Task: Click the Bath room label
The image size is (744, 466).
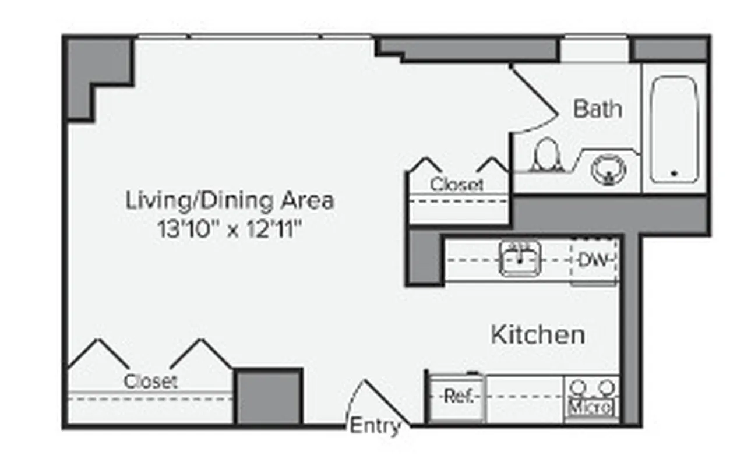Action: coord(597,109)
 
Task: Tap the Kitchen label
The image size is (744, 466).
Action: coord(538,335)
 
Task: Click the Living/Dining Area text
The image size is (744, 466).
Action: coord(230,201)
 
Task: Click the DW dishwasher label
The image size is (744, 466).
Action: coord(593,260)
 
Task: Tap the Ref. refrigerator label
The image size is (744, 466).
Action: coord(457,397)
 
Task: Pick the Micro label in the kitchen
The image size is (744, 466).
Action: coord(591,406)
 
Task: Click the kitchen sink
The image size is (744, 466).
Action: coord(520,259)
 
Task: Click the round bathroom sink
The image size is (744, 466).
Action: coord(608,170)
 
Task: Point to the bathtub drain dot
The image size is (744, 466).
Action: coord(674,173)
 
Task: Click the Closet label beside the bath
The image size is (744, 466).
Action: coord(457,185)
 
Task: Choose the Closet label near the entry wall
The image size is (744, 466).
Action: coord(150,382)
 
